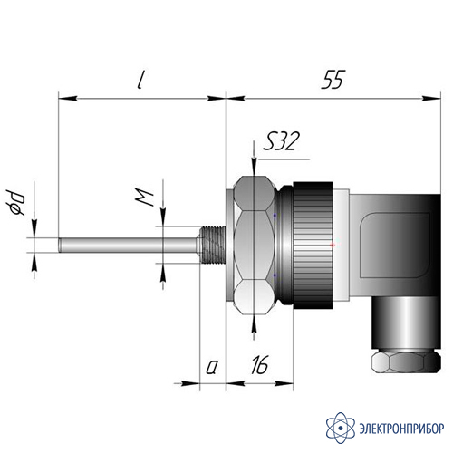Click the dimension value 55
coord(333,80)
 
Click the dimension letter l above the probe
coord(140,81)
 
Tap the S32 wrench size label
coord(281,141)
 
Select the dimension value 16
coord(259,365)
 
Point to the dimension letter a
coord(212,368)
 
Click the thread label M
coord(144,198)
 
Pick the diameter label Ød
coord(15,203)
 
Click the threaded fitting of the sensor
coord(213,245)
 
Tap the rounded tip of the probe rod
coord(60,245)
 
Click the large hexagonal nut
coord(254,246)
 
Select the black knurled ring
coord(313,246)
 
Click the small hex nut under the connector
coord(406,361)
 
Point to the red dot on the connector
coord(333,245)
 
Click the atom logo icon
coord(341,428)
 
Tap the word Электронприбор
coord(401,429)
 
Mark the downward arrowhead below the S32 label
coord(255,168)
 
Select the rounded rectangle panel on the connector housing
coord(396,245)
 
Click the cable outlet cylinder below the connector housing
coord(406,323)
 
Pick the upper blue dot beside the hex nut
coord(275,215)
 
